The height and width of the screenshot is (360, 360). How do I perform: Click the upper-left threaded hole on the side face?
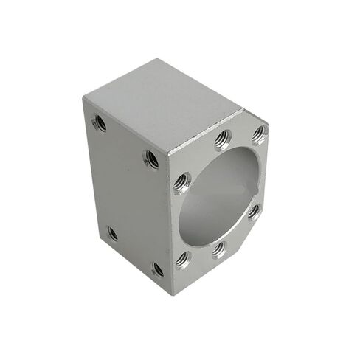coord(100,123)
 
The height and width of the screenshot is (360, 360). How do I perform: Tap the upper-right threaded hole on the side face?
coord(151,159)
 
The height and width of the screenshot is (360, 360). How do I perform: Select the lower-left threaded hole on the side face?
coord(112,233)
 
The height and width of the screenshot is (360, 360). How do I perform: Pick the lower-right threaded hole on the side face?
coord(157,269)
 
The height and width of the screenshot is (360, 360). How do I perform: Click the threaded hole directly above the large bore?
coord(222,139)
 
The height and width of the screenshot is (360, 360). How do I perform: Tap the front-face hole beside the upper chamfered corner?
coord(258,134)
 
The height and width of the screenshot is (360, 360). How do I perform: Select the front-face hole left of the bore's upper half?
coord(181,181)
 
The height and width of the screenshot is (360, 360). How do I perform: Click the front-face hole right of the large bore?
coord(254,212)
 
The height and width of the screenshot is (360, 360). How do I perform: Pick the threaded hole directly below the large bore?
coord(219,249)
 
